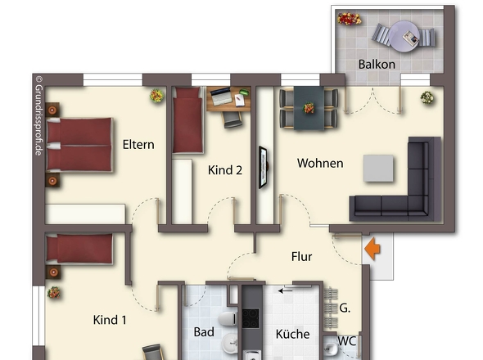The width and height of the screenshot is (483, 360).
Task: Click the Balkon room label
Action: click(377, 65)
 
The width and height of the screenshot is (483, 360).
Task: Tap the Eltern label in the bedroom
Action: click(138, 145)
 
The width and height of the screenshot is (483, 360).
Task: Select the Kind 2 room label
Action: click(225, 170)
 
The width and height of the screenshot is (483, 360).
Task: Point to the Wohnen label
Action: click(320, 163)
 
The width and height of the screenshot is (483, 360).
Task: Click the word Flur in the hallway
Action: click(301, 257)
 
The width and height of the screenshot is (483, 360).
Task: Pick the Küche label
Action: click(292, 334)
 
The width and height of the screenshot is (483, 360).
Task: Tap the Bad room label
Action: click(204, 332)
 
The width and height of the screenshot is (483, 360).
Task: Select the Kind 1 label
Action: click(110, 320)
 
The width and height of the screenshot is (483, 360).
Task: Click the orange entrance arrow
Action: click(372, 249)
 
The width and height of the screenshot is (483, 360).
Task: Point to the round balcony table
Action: click(404, 36)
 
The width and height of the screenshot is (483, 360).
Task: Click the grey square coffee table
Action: click(378, 169)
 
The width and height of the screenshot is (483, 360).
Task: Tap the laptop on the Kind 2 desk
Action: click(221, 97)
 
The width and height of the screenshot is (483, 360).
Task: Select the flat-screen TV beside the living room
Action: click(263, 167)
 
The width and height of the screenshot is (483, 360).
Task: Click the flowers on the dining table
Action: click(309, 108)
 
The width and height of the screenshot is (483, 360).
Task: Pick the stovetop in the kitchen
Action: click(251, 318)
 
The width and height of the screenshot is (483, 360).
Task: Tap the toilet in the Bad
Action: click(228, 319)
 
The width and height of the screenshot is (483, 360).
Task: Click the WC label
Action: click(347, 341)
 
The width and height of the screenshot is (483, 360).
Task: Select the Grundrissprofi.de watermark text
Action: click(38, 116)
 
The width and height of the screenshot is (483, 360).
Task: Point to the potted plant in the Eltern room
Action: click(157, 96)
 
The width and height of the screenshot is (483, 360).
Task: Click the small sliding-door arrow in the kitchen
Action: click(285, 290)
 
